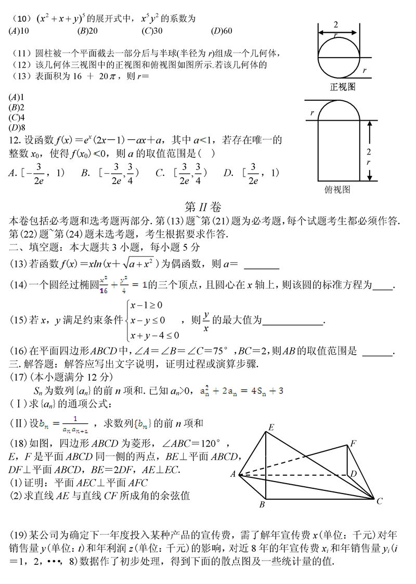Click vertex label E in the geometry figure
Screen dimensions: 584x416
[270, 427]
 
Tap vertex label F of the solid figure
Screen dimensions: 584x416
[354, 443]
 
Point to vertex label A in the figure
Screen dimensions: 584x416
[233, 474]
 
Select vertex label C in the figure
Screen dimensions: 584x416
[380, 501]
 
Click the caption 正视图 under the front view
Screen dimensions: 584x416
[343, 87]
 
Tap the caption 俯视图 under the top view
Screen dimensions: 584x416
[337, 189]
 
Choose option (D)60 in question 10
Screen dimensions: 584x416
[221, 31]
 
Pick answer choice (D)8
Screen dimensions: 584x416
[16, 127]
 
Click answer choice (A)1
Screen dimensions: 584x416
[16, 97]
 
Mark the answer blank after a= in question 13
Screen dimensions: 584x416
[262, 266]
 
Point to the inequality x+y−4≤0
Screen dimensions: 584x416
[154, 334]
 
